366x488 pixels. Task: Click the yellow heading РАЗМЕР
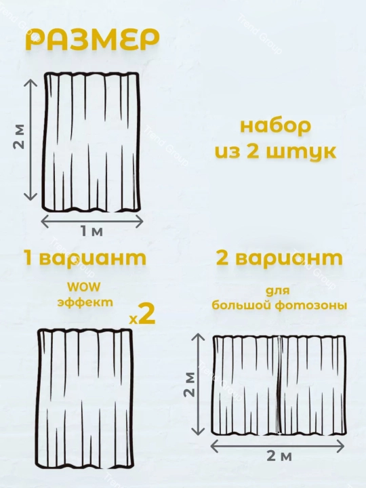tap(92, 40)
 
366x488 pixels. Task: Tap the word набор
tap(275, 127)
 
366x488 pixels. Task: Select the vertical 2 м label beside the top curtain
tap(19, 137)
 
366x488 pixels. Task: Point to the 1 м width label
tap(91, 231)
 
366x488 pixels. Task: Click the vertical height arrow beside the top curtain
tap(30, 140)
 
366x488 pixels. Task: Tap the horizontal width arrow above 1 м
tap(92, 221)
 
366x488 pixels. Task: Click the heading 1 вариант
tap(85, 259)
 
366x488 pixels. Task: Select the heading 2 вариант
tap(279, 258)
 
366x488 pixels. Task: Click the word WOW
tap(84, 287)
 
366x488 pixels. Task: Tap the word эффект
tap(85, 302)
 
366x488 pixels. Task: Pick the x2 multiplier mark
tap(142, 315)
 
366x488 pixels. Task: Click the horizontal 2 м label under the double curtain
tap(279, 456)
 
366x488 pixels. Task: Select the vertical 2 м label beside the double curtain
tap(190, 384)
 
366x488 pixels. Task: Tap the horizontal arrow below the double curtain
tap(278, 446)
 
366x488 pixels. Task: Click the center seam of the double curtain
tap(280, 385)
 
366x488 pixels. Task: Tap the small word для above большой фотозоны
tap(278, 291)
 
